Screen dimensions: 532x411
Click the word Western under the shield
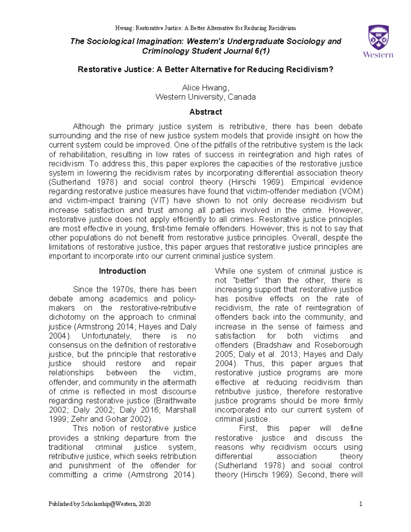point(378,55)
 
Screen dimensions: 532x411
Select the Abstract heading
point(206,112)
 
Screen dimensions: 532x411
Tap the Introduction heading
point(122,271)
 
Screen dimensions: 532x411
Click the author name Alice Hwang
point(205,88)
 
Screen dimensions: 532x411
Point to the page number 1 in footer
point(361,504)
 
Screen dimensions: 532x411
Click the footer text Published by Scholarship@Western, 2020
point(100,504)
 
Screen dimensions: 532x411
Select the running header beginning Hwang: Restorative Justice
point(206,28)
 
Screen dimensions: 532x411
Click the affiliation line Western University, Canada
point(206,97)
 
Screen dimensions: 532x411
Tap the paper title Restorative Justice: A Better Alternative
point(206,70)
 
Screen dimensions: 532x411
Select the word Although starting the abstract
point(88,126)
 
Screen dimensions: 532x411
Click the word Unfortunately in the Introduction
point(106,336)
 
